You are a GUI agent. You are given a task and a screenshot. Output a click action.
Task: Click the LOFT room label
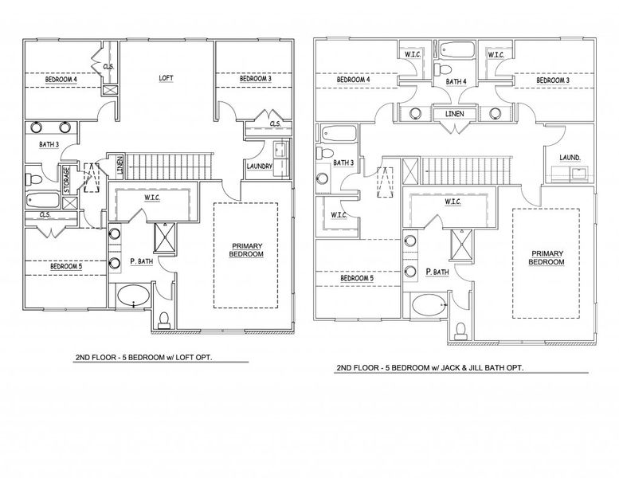pos(167,78)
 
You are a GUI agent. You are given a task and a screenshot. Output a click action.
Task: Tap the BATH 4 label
pos(455,81)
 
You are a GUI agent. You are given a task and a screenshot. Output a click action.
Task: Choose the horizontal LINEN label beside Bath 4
pos(455,114)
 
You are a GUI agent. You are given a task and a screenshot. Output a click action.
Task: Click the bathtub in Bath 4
pos(455,53)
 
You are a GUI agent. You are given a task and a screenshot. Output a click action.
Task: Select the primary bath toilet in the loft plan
pos(164,319)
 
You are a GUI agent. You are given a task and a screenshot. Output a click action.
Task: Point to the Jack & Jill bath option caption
pos(431,369)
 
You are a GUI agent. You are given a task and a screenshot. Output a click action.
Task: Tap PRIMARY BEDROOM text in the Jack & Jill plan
pos(547,257)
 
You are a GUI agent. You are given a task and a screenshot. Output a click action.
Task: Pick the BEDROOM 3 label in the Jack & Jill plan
pos(553,80)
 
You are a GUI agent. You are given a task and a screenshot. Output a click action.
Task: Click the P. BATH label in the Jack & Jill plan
pos(436,272)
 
